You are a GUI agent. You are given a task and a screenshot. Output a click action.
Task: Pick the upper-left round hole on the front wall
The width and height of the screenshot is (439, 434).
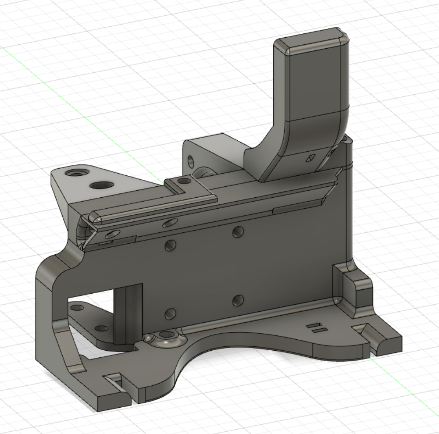coord(170,246)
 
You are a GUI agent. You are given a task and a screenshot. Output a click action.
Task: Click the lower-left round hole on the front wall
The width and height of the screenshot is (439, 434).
coord(170,313)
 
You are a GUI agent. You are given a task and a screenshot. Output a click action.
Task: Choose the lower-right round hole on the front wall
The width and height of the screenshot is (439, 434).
coord(238,300)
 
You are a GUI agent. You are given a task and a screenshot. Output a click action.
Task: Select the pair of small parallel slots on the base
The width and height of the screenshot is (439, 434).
coord(318,328)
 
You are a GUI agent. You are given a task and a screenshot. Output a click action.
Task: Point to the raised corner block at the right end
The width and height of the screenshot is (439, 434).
coord(353,289)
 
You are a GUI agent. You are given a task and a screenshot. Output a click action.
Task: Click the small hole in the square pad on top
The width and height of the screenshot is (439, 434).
coord(184,180)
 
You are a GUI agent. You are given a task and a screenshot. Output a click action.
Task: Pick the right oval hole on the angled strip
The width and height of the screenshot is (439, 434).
coord(170,223)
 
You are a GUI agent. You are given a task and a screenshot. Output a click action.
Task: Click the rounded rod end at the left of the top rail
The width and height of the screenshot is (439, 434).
coord(93,217)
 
